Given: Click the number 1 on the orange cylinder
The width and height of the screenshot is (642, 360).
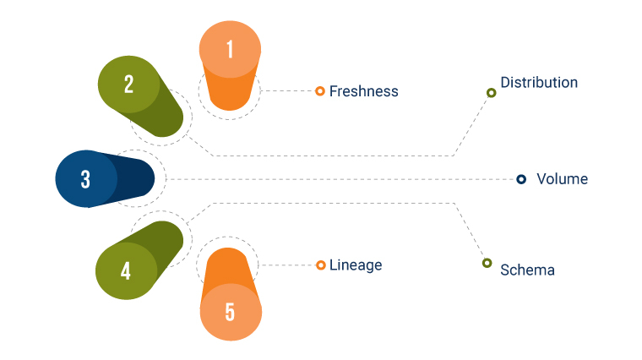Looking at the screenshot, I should coord(230,49).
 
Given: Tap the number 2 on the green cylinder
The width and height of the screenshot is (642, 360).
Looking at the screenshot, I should coord(128,85).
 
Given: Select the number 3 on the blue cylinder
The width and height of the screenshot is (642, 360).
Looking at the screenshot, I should coord(85,179).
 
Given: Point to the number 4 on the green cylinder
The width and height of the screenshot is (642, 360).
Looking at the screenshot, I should coord(126,271).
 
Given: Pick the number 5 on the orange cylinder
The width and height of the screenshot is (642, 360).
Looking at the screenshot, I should coord(230,311).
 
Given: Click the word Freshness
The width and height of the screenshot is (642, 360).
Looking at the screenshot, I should coord(363,91).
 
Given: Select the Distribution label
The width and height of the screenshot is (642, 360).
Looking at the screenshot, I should coord(539,83).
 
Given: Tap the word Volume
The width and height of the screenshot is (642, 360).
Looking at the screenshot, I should coord(562,179).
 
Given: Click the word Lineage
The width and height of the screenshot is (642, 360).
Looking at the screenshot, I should coord(356,265).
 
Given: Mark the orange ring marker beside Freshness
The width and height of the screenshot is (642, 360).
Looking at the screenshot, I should coord(320,91).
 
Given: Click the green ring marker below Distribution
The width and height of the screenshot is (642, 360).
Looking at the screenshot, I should coord(491,93).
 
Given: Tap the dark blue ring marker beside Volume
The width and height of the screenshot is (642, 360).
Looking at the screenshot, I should coord(521,179).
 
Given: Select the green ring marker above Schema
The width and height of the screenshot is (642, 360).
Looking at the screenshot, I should coord(487,263).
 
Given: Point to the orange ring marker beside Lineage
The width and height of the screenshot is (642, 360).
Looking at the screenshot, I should coord(321,265).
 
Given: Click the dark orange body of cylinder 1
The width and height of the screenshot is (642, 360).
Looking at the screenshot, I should coord(230,91).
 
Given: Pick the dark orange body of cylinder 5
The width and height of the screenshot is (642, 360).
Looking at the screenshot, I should coord(229,269).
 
